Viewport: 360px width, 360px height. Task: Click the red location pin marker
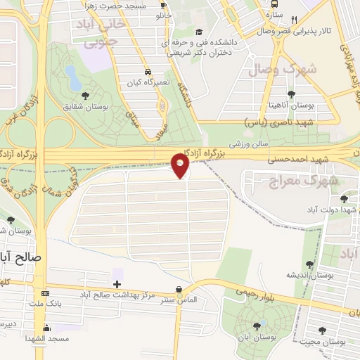181,165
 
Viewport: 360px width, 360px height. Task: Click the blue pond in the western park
72,75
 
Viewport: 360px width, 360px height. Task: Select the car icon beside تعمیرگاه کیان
148,72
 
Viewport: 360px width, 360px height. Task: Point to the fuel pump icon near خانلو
164,4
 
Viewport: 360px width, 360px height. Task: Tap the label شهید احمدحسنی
290,160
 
